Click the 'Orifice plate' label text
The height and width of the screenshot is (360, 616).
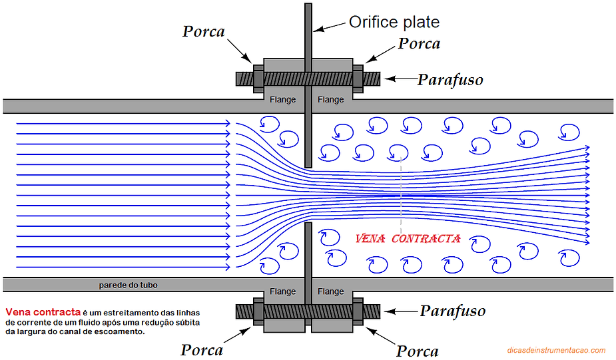coord(394,23)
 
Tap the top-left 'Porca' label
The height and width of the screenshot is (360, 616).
coord(203,32)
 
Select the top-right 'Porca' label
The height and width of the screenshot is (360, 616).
coord(419,44)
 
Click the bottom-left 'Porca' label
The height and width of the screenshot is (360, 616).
coord(201,349)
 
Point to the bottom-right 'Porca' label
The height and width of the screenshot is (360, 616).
coord(418,351)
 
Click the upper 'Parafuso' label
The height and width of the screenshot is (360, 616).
coord(450,80)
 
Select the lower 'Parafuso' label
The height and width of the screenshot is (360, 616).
coord(452,311)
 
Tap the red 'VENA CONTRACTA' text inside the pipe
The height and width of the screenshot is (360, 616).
coord(408,239)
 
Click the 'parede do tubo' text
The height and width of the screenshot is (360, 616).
coord(128,285)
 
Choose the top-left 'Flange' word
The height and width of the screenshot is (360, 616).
coord(282,100)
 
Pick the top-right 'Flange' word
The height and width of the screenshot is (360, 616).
coord(331,100)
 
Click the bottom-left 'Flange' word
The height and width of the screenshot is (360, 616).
coord(282,291)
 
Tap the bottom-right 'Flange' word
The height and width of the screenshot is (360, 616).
coord(331,291)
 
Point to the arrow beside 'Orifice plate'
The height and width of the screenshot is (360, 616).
coord(329,27)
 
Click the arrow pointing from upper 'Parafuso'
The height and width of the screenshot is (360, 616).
coord(400,79)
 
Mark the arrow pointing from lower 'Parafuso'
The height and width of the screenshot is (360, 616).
coord(402,310)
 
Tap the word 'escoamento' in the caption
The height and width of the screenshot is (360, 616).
coord(118,331)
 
